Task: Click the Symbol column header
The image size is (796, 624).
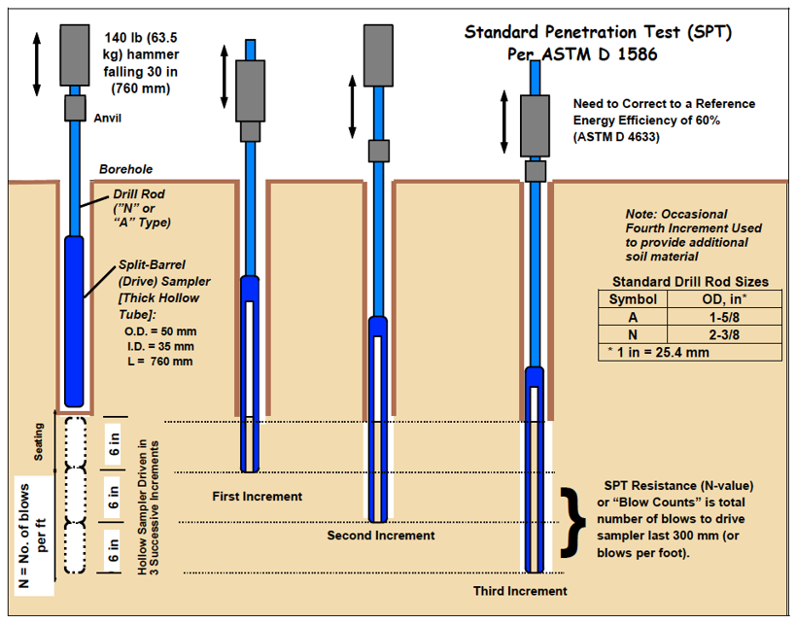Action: click(x=633, y=298)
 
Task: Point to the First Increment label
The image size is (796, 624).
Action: click(x=257, y=497)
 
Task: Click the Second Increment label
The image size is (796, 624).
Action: click(x=381, y=536)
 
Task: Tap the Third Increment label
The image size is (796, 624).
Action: click(x=520, y=591)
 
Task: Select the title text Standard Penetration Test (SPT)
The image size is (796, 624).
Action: click(x=598, y=32)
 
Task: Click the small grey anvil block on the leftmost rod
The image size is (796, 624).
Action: click(x=75, y=107)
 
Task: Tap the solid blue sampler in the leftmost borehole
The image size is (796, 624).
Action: click(x=75, y=321)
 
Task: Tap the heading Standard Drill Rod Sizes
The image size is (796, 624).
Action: click(x=690, y=282)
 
